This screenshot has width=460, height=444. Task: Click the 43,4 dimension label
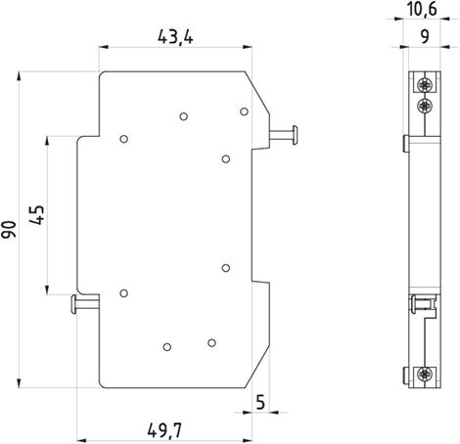click(175, 37)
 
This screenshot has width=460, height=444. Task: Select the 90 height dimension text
click(9, 229)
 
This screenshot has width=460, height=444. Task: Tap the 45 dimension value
click(36, 215)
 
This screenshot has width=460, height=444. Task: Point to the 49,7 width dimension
click(164, 430)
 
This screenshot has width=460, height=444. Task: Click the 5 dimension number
click(260, 402)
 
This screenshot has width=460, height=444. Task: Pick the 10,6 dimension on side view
click(422, 9)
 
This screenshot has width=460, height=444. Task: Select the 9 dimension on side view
click(425, 36)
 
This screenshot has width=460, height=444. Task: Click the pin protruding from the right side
click(283, 135)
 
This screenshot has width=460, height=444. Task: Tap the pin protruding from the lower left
click(85, 304)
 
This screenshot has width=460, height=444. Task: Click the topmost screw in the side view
click(425, 85)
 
